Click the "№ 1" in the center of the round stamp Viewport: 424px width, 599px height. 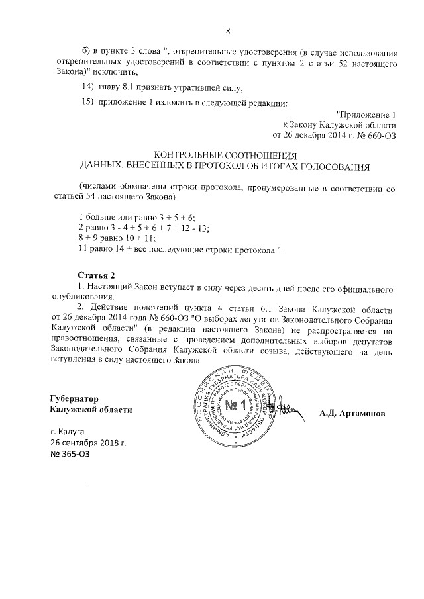(x=235, y=405)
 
